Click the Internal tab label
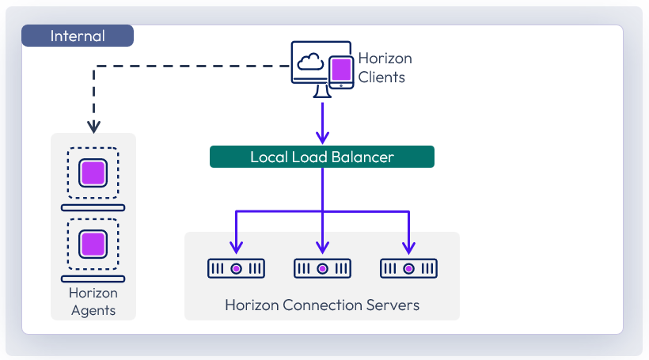[77, 36]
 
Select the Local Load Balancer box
[321, 157]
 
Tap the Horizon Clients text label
[385, 68]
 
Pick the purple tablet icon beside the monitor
[341, 71]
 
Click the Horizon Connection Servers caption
[322, 305]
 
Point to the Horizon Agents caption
[93, 301]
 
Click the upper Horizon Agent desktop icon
[93, 172]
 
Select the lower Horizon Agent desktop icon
[93, 243]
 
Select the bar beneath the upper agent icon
[93, 207]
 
